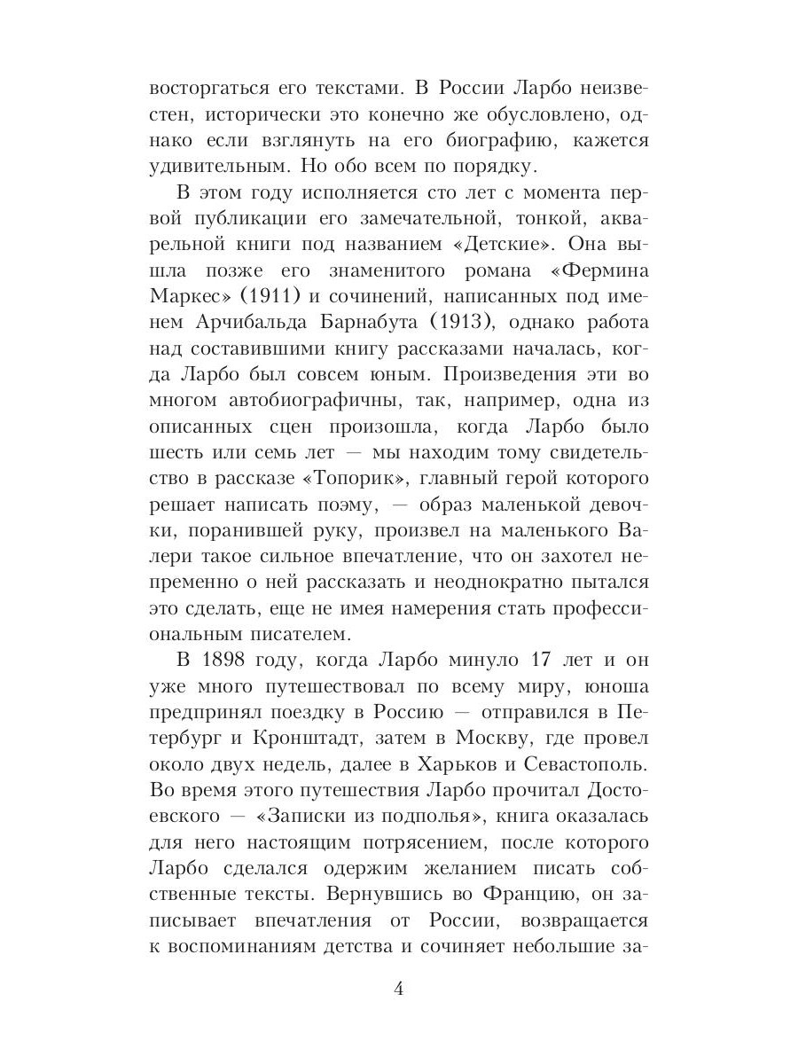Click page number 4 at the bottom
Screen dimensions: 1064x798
pyautogui.click(x=399, y=990)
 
